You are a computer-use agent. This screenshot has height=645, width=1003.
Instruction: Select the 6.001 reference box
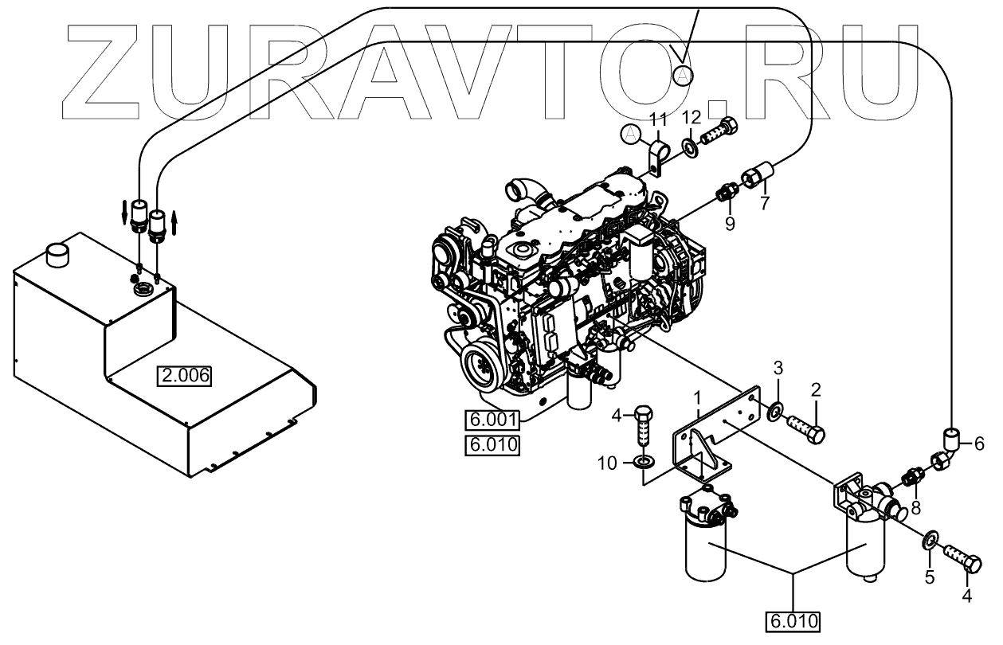492,420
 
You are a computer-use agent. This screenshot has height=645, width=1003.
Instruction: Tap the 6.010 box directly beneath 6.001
492,444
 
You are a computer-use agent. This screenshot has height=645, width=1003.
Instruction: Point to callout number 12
691,118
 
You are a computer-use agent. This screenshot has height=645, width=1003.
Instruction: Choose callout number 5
929,578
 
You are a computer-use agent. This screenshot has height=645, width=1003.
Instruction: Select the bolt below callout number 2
805,428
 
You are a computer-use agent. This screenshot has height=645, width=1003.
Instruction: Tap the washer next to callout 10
643,460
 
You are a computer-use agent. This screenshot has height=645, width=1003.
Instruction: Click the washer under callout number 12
689,147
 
